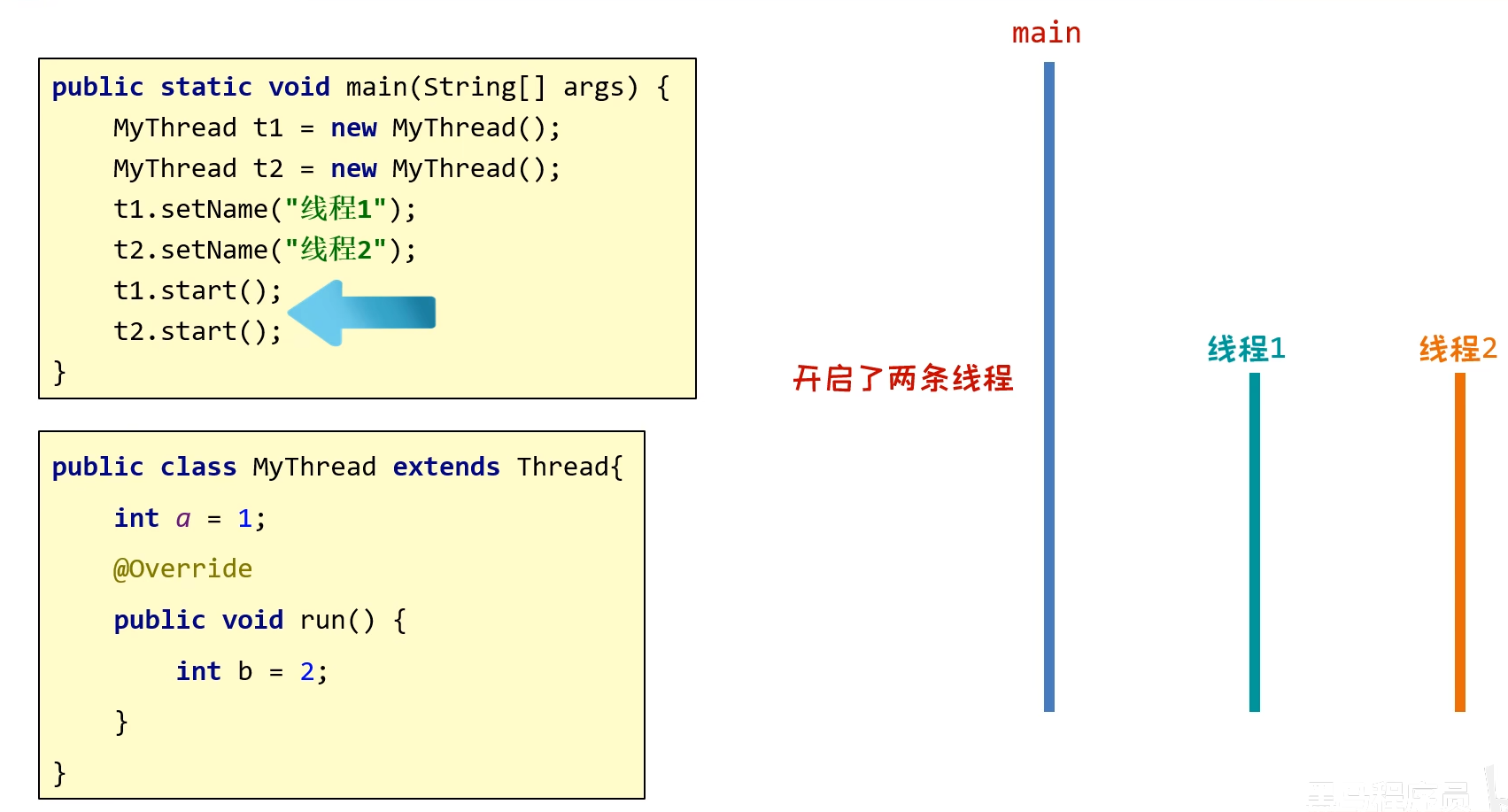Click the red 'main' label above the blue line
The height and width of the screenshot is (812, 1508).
(1046, 34)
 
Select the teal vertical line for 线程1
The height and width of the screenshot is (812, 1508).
(1254, 541)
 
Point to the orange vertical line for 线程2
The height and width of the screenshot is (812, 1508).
(1459, 541)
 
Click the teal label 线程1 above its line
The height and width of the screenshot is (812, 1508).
(1246, 349)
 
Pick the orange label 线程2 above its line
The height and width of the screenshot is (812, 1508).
(1458, 349)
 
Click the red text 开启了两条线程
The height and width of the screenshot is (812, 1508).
(902, 379)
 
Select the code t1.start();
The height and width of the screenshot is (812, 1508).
(197, 290)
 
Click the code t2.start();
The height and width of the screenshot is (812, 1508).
(197, 331)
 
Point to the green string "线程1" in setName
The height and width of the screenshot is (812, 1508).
(336, 209)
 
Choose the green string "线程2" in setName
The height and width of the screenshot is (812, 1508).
(336, 250)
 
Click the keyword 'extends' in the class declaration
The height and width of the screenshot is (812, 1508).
(446, 467)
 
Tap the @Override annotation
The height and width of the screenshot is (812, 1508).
(182, 568)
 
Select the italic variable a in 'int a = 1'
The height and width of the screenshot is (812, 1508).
(183, 519)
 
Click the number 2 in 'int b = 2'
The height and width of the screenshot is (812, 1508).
(307, 672)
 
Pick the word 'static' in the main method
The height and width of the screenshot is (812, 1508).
(206, 87)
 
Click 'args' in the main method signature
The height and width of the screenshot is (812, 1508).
(593, 88)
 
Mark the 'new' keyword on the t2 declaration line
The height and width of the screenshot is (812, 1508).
(353, 168)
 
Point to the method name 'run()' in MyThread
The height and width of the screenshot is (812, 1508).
(336, 620)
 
